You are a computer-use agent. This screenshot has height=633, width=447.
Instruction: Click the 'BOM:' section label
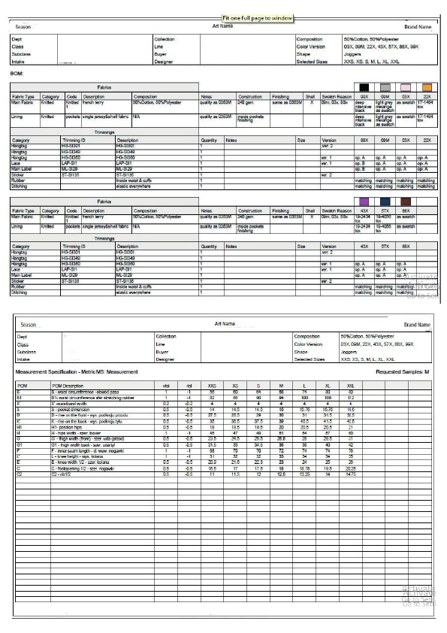(18, 74)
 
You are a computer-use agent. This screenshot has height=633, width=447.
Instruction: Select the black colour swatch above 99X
(364, 87)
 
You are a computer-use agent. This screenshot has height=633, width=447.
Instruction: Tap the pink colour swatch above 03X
(406, 87)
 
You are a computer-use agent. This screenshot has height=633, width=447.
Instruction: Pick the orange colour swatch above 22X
(427, 87)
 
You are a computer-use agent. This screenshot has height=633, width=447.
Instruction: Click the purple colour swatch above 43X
(364, 201)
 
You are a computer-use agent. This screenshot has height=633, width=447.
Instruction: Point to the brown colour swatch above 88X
(406, 201)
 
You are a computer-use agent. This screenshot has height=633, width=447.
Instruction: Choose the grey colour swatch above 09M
(385, 87)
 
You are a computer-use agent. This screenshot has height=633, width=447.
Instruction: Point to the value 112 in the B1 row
(350, 397)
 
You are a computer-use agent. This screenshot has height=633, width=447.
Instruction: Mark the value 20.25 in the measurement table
(350, 469)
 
